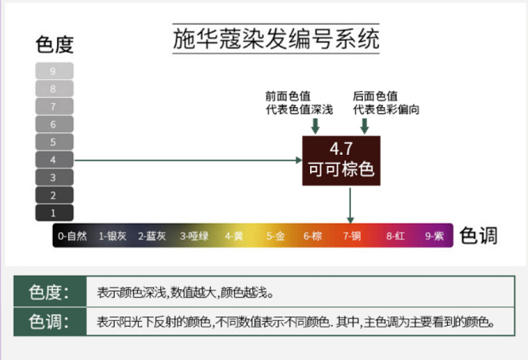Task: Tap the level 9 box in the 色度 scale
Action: coord(54,71)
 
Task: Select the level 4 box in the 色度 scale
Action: coord(54,160)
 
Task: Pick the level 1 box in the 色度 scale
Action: coord(54,214)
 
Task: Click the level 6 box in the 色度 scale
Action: coord(54,124)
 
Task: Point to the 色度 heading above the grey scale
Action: coord(55,43)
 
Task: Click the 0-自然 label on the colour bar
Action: coord(72,236)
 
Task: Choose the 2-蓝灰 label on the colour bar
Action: coord(156,236)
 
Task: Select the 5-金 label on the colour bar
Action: coord(275,236)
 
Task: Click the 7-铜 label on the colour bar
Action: coord(352,236)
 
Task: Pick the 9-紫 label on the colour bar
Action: coord(434,236)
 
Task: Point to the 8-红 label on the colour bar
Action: coord(394,236)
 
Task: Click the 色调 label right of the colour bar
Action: coord(479,236)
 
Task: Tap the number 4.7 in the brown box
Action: coord(341,147)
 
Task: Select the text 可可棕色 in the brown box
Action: coord(341,169)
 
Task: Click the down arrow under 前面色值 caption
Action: coord(316,126)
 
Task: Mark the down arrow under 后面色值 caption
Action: coord(364,126)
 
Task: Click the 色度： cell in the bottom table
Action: coord(49,293)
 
